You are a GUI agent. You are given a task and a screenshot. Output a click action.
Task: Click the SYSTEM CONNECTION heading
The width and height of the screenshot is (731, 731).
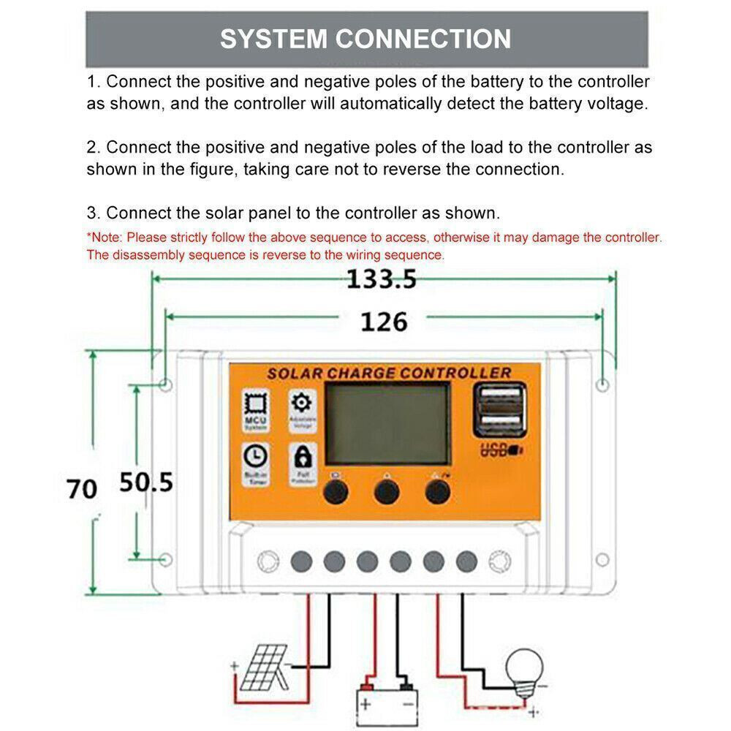point(365,39)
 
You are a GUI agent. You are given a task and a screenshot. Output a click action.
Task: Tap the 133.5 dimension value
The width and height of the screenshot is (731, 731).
point(381,279)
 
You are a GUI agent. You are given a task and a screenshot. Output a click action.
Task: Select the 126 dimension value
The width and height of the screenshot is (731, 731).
point(383,321)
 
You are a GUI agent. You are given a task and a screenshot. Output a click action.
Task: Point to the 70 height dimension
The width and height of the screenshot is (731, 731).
point(81,488)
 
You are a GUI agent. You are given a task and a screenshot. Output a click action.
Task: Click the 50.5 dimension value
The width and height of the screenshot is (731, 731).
point(146,482)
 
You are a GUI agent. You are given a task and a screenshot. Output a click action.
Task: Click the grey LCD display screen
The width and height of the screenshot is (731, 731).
point(387,425)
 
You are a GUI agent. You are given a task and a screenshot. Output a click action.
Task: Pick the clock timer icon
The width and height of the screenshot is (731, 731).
point(256,456)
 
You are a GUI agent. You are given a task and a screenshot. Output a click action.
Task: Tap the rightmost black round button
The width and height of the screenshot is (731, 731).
point(437,493)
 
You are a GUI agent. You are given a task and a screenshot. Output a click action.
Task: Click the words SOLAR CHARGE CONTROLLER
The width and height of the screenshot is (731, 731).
point(388,373)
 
